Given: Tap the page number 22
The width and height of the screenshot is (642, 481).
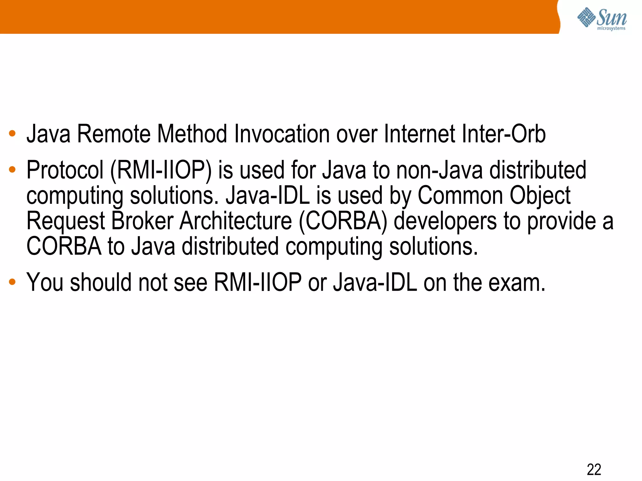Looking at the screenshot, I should (x=594, y=469).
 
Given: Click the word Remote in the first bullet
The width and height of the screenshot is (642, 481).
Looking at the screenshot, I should (x=114, y=134).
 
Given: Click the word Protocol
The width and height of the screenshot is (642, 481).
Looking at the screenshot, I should (x=65, y=170).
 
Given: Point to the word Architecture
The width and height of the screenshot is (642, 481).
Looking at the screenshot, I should (x=236, y=221).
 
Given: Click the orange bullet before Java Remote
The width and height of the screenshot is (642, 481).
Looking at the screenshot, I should (x=12, y=134).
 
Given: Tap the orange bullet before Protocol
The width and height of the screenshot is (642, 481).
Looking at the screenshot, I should (x=12, y=170).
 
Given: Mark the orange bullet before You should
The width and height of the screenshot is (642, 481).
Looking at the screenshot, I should (x=12, y=282).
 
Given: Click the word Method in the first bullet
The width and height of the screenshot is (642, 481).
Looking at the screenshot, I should (x=192, y=134).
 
